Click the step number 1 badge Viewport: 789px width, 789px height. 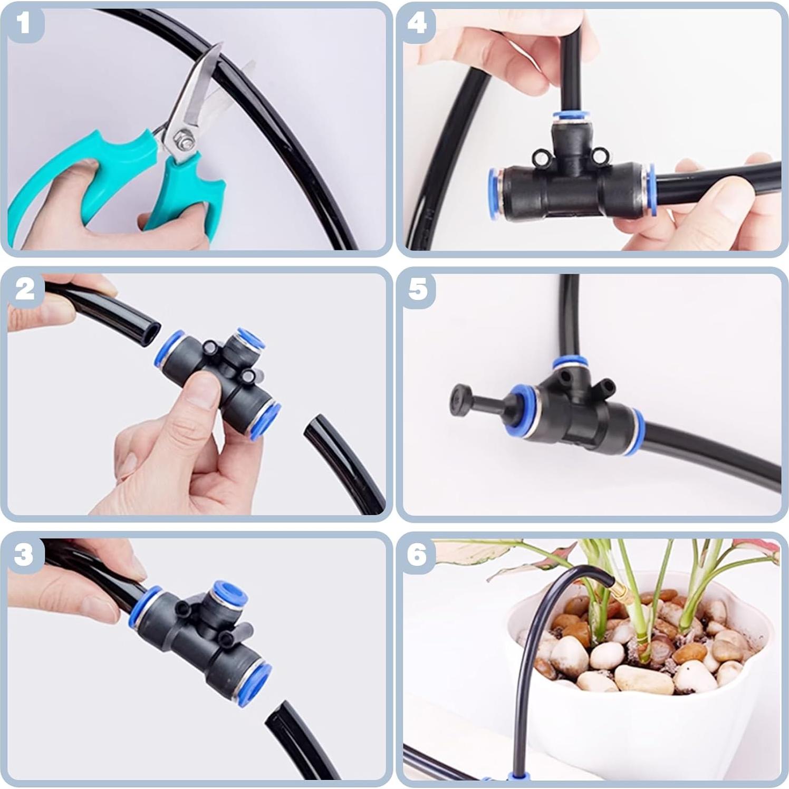(x=23, y=23)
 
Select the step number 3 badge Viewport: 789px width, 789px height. (x=24, y=554)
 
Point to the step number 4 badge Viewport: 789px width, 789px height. (x=417, y=23)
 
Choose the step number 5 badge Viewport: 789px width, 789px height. (x=418, y=288)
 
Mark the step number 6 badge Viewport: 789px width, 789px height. (x=417, y=554)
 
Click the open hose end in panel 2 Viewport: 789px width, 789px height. (x=151, y=333)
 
